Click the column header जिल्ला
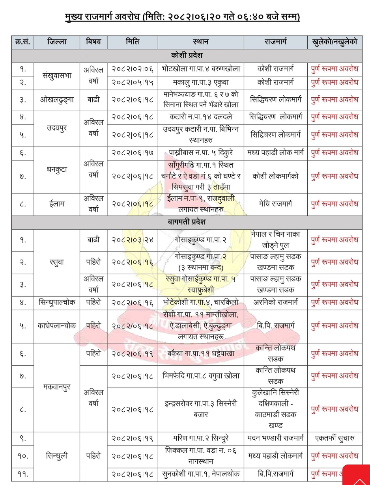(x=57, y=42)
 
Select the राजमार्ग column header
(x=275, y=42)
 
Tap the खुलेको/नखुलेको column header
(x=334, y=42)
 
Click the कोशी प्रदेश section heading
(x=187, y=55)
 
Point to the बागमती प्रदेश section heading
(x=187, y=222)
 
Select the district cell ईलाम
(x=57, y=204)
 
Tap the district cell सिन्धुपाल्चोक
(x=57, y=303)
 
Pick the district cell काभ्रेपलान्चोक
(x=57, y=326)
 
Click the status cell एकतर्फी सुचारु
(x=334, y=438)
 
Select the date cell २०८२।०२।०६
(x=132, y=69)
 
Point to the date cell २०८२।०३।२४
(x=132, y=240)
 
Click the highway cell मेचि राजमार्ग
(x=275, y=204)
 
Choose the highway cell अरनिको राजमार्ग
(x=275, y=303)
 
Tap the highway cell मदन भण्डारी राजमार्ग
(x=275, y=438)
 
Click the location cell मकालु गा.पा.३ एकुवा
(x=201, y=83)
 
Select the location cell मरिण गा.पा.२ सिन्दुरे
(x=201, y=438)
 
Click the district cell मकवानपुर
(x=57, y=387)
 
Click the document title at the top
(x=182, y=17)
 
